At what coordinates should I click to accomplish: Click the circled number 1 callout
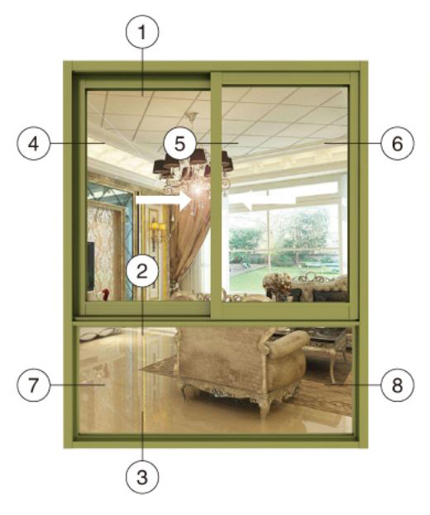pyautogui.click(x=142, y=32)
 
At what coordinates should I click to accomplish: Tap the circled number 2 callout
pyautogui.click(x=142, y=270)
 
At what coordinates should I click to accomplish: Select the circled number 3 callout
pyautogui.click(x=142, y=477)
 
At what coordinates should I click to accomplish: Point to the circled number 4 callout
pyautogui.click(x=34, y=144)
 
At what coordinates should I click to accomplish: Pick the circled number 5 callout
pyautogui.click(x=180, y=143)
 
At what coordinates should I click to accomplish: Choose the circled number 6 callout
pyautogui.click(x=398, y=144)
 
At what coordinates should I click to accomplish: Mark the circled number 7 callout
pyautogui.click(x=34, y=384)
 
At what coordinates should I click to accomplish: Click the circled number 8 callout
pyautogui.click(x=398, y=384)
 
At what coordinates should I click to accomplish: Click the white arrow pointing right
pyautogui.click(x=164, y=199)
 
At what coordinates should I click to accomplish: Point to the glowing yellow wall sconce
pyautogui.click(x=157, y=227)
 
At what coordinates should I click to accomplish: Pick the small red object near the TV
pyautogui.click(x=105, y=294)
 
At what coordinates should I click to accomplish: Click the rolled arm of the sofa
pyautogui.click(x=286, y=345)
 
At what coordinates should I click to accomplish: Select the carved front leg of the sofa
pyautogui.click(x=262, y=408)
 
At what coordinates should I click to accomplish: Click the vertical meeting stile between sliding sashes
pyautogui.click(x=216, y=195)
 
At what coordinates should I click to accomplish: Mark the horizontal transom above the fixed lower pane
pyautogui.click(x=216, y=323)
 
